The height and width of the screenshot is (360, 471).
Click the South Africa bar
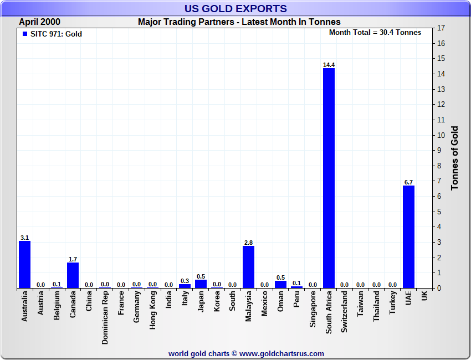coord(329,178)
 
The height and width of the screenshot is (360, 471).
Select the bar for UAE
coord(408,236)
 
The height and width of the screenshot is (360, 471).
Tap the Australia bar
coord(24,264)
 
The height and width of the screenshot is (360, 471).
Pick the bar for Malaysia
coord(248,266)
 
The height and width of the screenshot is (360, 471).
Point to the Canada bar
coord(73,275)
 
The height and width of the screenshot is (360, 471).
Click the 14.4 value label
coord(329,65)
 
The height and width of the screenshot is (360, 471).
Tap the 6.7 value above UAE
coord(408,182)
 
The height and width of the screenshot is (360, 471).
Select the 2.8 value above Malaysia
coord(248,243)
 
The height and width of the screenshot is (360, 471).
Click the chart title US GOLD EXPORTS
coord(235,8)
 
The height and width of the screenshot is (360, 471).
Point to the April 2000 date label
coord(40,22)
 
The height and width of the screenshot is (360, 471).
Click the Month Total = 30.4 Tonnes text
coord(375,33)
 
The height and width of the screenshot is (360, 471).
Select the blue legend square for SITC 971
coord(24,34)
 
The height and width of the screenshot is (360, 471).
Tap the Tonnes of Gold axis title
coord(454,158)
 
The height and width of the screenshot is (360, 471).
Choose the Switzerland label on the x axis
coord(345,312)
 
